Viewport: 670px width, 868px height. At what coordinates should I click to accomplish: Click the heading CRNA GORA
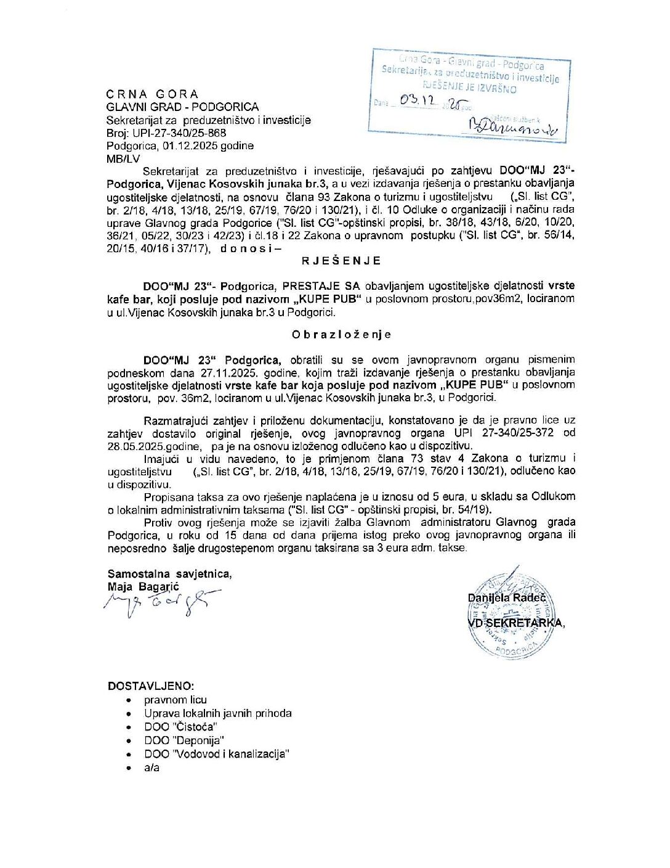click(x=152, y=94)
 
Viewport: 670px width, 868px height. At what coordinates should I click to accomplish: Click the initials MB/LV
click(x=123, y=158)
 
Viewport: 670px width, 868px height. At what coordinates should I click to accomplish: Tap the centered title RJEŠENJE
click(x=341, y=261)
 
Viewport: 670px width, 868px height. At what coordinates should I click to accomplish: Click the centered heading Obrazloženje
click(x=341, y=335)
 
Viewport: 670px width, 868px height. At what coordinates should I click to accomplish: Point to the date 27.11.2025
click(x=230, y=373)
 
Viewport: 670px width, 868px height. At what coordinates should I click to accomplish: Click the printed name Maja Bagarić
click(x=143, y=587)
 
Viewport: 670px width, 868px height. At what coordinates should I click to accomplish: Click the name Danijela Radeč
click(x=507, y=597)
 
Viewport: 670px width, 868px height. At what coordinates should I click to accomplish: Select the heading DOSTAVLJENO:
click(x=150, y=686)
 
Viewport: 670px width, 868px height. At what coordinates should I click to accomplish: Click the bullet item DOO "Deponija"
click(x=184, y=740)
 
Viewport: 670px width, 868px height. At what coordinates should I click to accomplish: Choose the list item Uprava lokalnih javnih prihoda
click(x=217, y=713)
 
